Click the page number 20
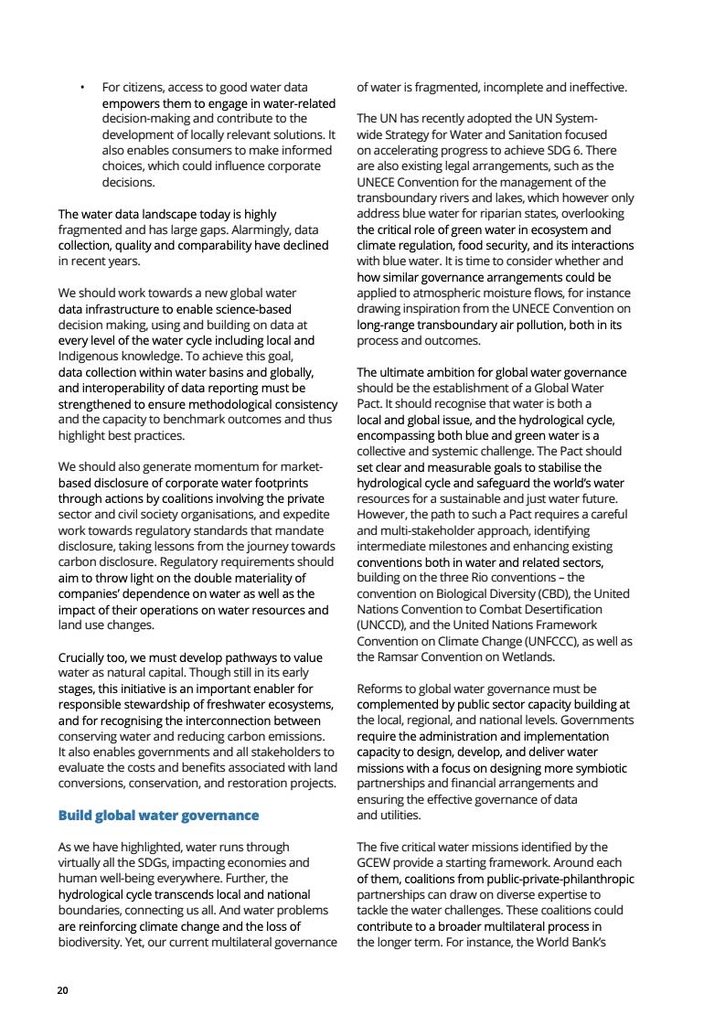point(62,990)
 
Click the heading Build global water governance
point(158,815)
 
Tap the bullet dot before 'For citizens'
point(82,88)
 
